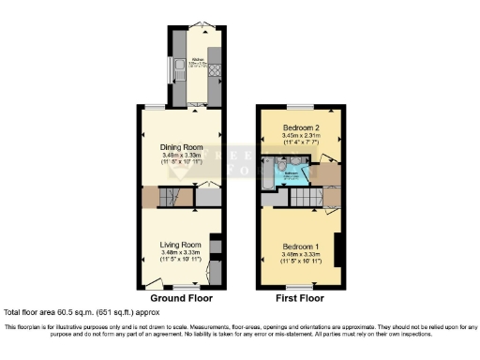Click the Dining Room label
pos(180,146)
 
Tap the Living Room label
pos(180,245)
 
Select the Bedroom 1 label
pos(301,246)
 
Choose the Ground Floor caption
pos(178,298)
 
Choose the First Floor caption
pos(301,298)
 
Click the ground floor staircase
pos(170,198)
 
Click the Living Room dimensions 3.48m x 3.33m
pos(180,252)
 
